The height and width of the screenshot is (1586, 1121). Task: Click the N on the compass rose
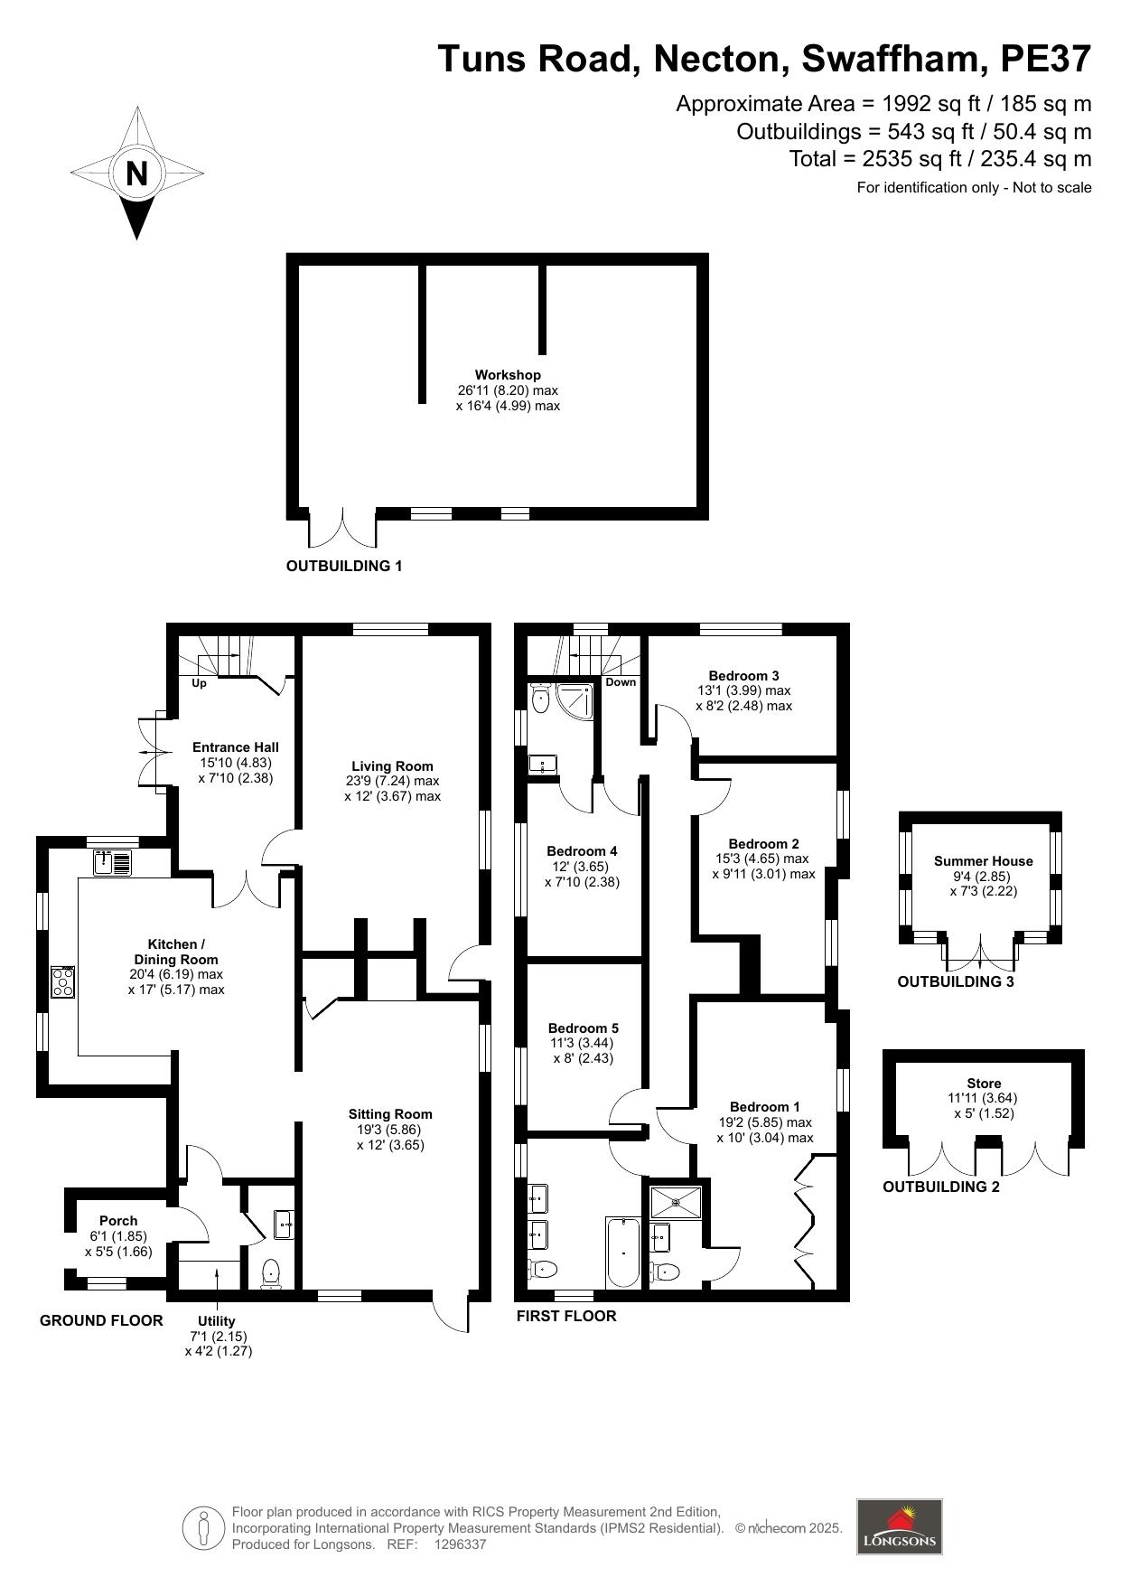click(136, 173)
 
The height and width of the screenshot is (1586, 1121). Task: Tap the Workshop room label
click(508, 375)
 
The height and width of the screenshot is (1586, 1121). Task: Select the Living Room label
click(392, 766)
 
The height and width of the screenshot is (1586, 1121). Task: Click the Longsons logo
click(899, 1526)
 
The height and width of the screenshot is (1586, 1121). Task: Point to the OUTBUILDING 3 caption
click(956, 981)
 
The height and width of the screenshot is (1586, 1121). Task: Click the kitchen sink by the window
click(112, 862)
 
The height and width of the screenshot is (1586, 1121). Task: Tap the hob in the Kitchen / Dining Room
click(63, 981)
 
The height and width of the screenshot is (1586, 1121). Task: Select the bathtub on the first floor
click(623, 1252)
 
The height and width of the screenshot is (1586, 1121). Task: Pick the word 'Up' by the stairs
click(200, 683)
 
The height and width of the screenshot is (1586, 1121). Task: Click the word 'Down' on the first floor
click(621, 682)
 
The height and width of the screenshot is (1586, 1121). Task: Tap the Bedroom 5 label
click(584, 1028)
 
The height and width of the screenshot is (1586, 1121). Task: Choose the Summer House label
click(983, 861)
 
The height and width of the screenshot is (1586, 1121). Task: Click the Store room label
click(984, 1084)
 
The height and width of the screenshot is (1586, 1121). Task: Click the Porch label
click(118, 1221)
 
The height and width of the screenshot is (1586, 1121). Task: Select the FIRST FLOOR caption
click(566, 1316)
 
